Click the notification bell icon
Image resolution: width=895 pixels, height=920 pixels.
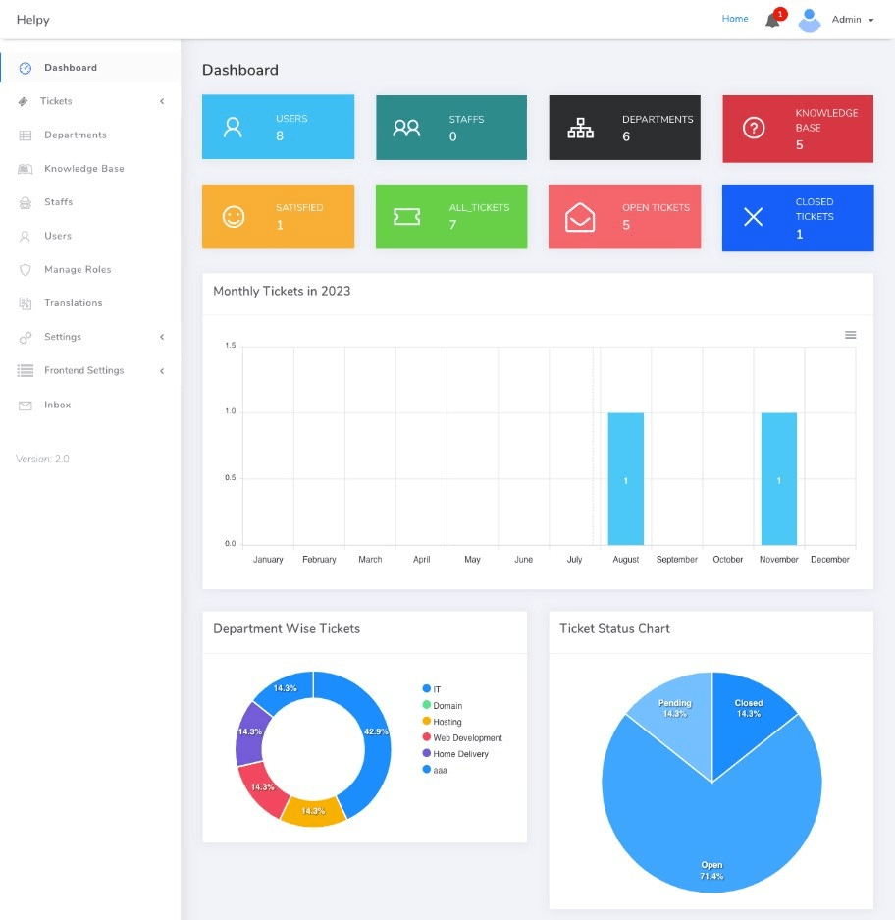pos(772,21)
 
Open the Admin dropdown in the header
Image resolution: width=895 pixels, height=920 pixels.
pos(851,20)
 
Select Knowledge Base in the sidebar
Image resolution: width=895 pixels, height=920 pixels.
pos(83,169)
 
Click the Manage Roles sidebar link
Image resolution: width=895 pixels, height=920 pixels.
pos(78,270)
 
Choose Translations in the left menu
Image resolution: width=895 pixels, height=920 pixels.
pos(73,303)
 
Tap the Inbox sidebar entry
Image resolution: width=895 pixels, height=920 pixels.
pos(57,405)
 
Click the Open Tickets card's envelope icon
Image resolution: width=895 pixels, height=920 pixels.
pos(580,217)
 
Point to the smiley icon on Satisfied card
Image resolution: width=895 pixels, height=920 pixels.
pos(234,217)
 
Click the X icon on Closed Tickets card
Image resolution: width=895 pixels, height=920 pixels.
pos(754,217)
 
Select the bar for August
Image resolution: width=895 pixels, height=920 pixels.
pos(625,478)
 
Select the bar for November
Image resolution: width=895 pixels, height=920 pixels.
pos(779,478)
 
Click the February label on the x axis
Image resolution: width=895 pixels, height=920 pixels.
pos(319,560)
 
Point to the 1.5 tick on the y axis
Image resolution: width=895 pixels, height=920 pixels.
pos(231,346)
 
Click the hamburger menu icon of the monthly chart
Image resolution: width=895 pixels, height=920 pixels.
pos(851,335)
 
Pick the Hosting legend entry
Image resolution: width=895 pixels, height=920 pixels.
pos(447,722)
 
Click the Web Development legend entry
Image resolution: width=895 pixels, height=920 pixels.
pos(467,738)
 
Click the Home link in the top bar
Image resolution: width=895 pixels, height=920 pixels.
pos(735,19)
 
